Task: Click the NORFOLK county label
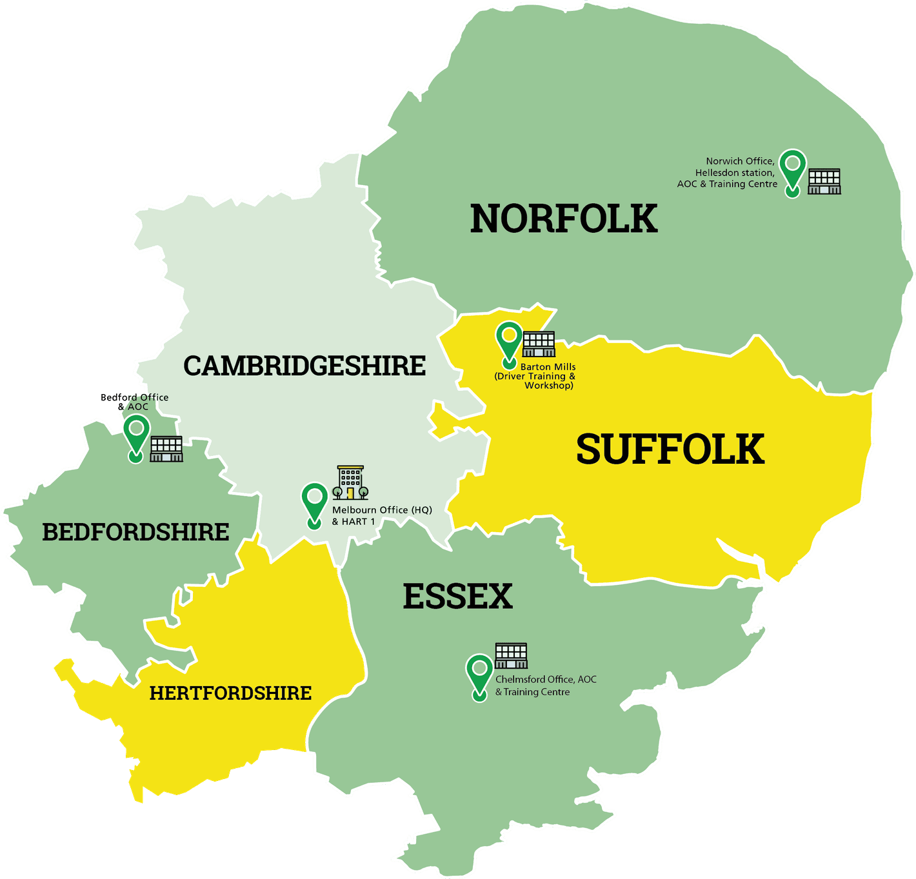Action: [564, 219]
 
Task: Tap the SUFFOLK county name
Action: [670, 449]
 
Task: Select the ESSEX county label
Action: [457, 597]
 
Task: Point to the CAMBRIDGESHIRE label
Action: [304, 366]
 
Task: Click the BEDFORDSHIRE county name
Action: [135, 533]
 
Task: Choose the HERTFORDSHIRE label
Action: [230, 693]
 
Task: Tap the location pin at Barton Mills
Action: [509, 342]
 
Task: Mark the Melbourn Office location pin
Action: [315, 504]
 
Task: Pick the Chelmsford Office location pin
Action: [479, 675]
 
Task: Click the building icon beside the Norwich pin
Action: [824, 181]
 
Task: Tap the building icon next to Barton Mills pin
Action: [539, 344]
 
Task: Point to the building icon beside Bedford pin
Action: [166, 449]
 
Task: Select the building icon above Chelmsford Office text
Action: [511, 656]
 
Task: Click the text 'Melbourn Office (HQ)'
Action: [382, 510]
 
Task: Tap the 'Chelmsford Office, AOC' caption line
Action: [546, 680]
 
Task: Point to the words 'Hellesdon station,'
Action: [735, 173]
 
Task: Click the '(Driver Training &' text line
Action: [535, 377]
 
